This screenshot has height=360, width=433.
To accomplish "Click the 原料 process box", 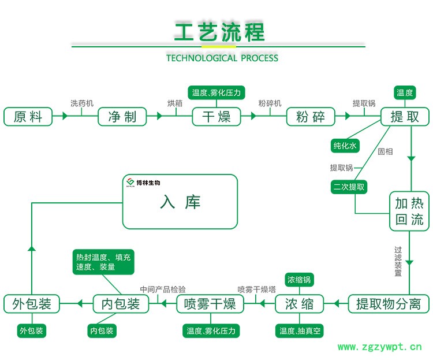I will point(27,116).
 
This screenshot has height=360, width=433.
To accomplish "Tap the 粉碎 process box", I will point(311,116).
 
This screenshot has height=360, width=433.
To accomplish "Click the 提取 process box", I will point(405,116).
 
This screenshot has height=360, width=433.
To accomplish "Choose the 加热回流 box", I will point(409,211).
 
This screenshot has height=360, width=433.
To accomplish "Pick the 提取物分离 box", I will point(389,303).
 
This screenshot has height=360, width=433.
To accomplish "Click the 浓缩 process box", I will point(299,303).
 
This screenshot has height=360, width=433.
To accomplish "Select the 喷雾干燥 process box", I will point(210,303).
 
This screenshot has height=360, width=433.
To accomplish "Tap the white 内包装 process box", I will point(120,303).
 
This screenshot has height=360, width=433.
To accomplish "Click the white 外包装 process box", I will point(32,303).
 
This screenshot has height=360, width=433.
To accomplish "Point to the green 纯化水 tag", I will point(345,146).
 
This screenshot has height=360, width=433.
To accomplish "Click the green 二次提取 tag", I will point(349,187).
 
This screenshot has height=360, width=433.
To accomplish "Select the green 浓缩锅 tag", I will point(300,280).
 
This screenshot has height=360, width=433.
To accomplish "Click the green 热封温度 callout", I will point(103,262).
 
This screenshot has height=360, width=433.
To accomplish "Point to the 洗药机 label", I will point(81,103).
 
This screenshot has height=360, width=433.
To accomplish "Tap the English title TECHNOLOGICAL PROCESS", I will point(222,58).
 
